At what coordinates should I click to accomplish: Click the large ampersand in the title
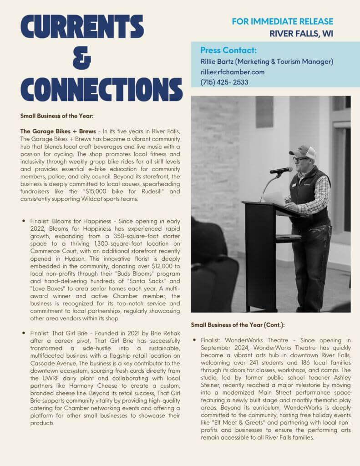pos(81,58)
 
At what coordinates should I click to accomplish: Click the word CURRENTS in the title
pos(81,27)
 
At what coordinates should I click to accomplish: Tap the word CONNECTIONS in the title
pos(101,89)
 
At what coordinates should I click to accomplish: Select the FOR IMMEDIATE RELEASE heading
pos(282,21)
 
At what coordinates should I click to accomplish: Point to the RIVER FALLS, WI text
pos(301,33)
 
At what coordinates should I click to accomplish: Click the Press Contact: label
pos(228,51)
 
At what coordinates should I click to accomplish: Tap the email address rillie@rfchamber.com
pos(232,72)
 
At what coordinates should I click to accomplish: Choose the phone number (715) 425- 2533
pos(224,82)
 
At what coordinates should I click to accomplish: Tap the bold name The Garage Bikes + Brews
pos(58,132)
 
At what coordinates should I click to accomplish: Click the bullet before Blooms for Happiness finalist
pos(24,220)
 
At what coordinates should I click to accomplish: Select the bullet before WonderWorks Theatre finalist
pos(194,340)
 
